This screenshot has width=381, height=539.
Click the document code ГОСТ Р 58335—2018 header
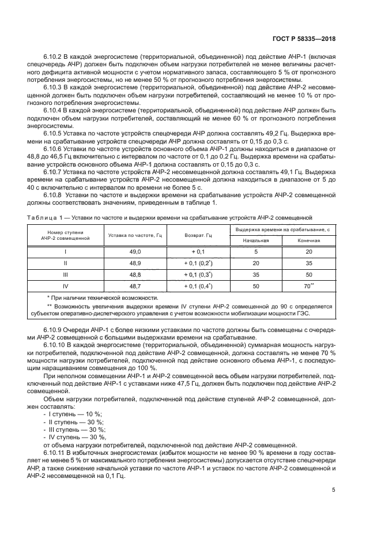click(304, 39)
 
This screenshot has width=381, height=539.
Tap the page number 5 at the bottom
click(334, 491)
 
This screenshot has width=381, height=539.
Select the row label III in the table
click(65, 274)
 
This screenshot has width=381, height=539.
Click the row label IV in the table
click(65, 286)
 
